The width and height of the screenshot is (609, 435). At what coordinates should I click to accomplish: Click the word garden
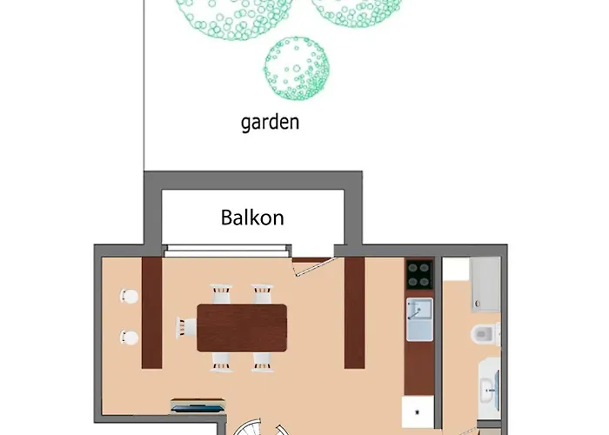[270, 123]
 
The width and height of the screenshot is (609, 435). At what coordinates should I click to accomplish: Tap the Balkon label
[252, 217]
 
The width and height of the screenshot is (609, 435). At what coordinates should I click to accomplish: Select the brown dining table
[242, 328]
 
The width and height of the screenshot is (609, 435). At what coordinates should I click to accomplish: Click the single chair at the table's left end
[186, 327]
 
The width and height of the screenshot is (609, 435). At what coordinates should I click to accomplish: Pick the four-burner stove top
[419, 274]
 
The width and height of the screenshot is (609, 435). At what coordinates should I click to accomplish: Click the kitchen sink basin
[419, 319]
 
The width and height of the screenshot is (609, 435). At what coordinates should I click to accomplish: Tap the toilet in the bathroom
[485, 334]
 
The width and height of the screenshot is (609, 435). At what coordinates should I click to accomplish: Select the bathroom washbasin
[489, 389]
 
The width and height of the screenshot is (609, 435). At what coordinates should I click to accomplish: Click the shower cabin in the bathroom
[485, 284]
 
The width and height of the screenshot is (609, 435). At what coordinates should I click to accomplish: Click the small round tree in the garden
[297, 69]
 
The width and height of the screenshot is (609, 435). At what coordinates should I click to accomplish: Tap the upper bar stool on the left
[129, 297]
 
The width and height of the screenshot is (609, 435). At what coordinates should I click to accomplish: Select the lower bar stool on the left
[129, 338]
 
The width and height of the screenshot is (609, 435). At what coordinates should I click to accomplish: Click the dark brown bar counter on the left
[151, 312]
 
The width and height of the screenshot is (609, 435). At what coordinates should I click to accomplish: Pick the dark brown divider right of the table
[355, 312]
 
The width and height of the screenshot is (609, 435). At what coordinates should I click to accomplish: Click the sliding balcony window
[227, 251]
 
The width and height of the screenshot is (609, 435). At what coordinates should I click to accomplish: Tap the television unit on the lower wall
[197, 405]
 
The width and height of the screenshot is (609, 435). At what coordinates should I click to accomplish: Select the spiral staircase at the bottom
[261, 427]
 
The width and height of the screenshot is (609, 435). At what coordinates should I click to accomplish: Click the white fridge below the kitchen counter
[418, 412]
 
